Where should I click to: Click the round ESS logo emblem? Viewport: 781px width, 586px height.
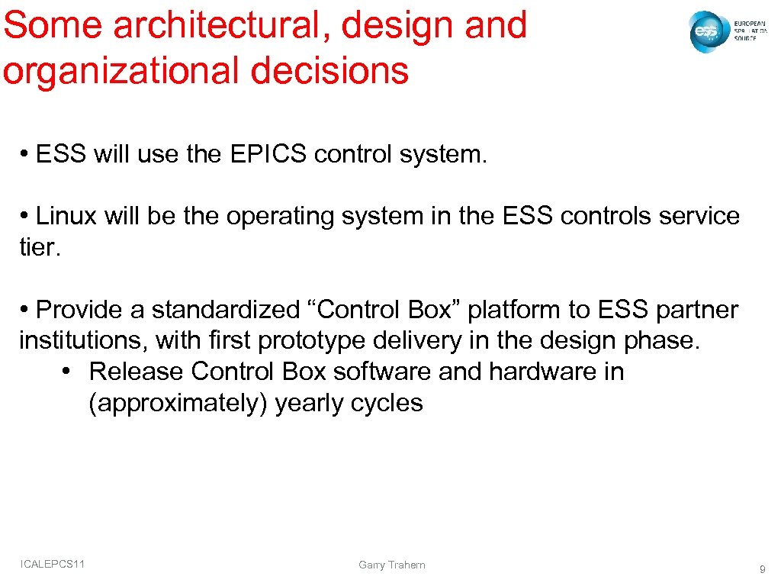pyautogui.click(x=707, y=32)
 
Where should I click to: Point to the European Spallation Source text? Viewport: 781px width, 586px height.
pyautogui.click(x=750, y=31)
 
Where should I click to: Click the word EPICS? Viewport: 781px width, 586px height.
pyautogui.click(x=266, y=155)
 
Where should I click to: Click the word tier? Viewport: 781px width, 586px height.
pyautogui.click(x=39, y=247)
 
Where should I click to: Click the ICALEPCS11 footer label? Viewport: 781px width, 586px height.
pyautogui.click(x=53, y=564)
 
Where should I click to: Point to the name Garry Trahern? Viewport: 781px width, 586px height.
pyautogui.click(x=392, y=565)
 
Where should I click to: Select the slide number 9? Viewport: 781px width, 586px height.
pyautogui.click(x=762, y=568)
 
